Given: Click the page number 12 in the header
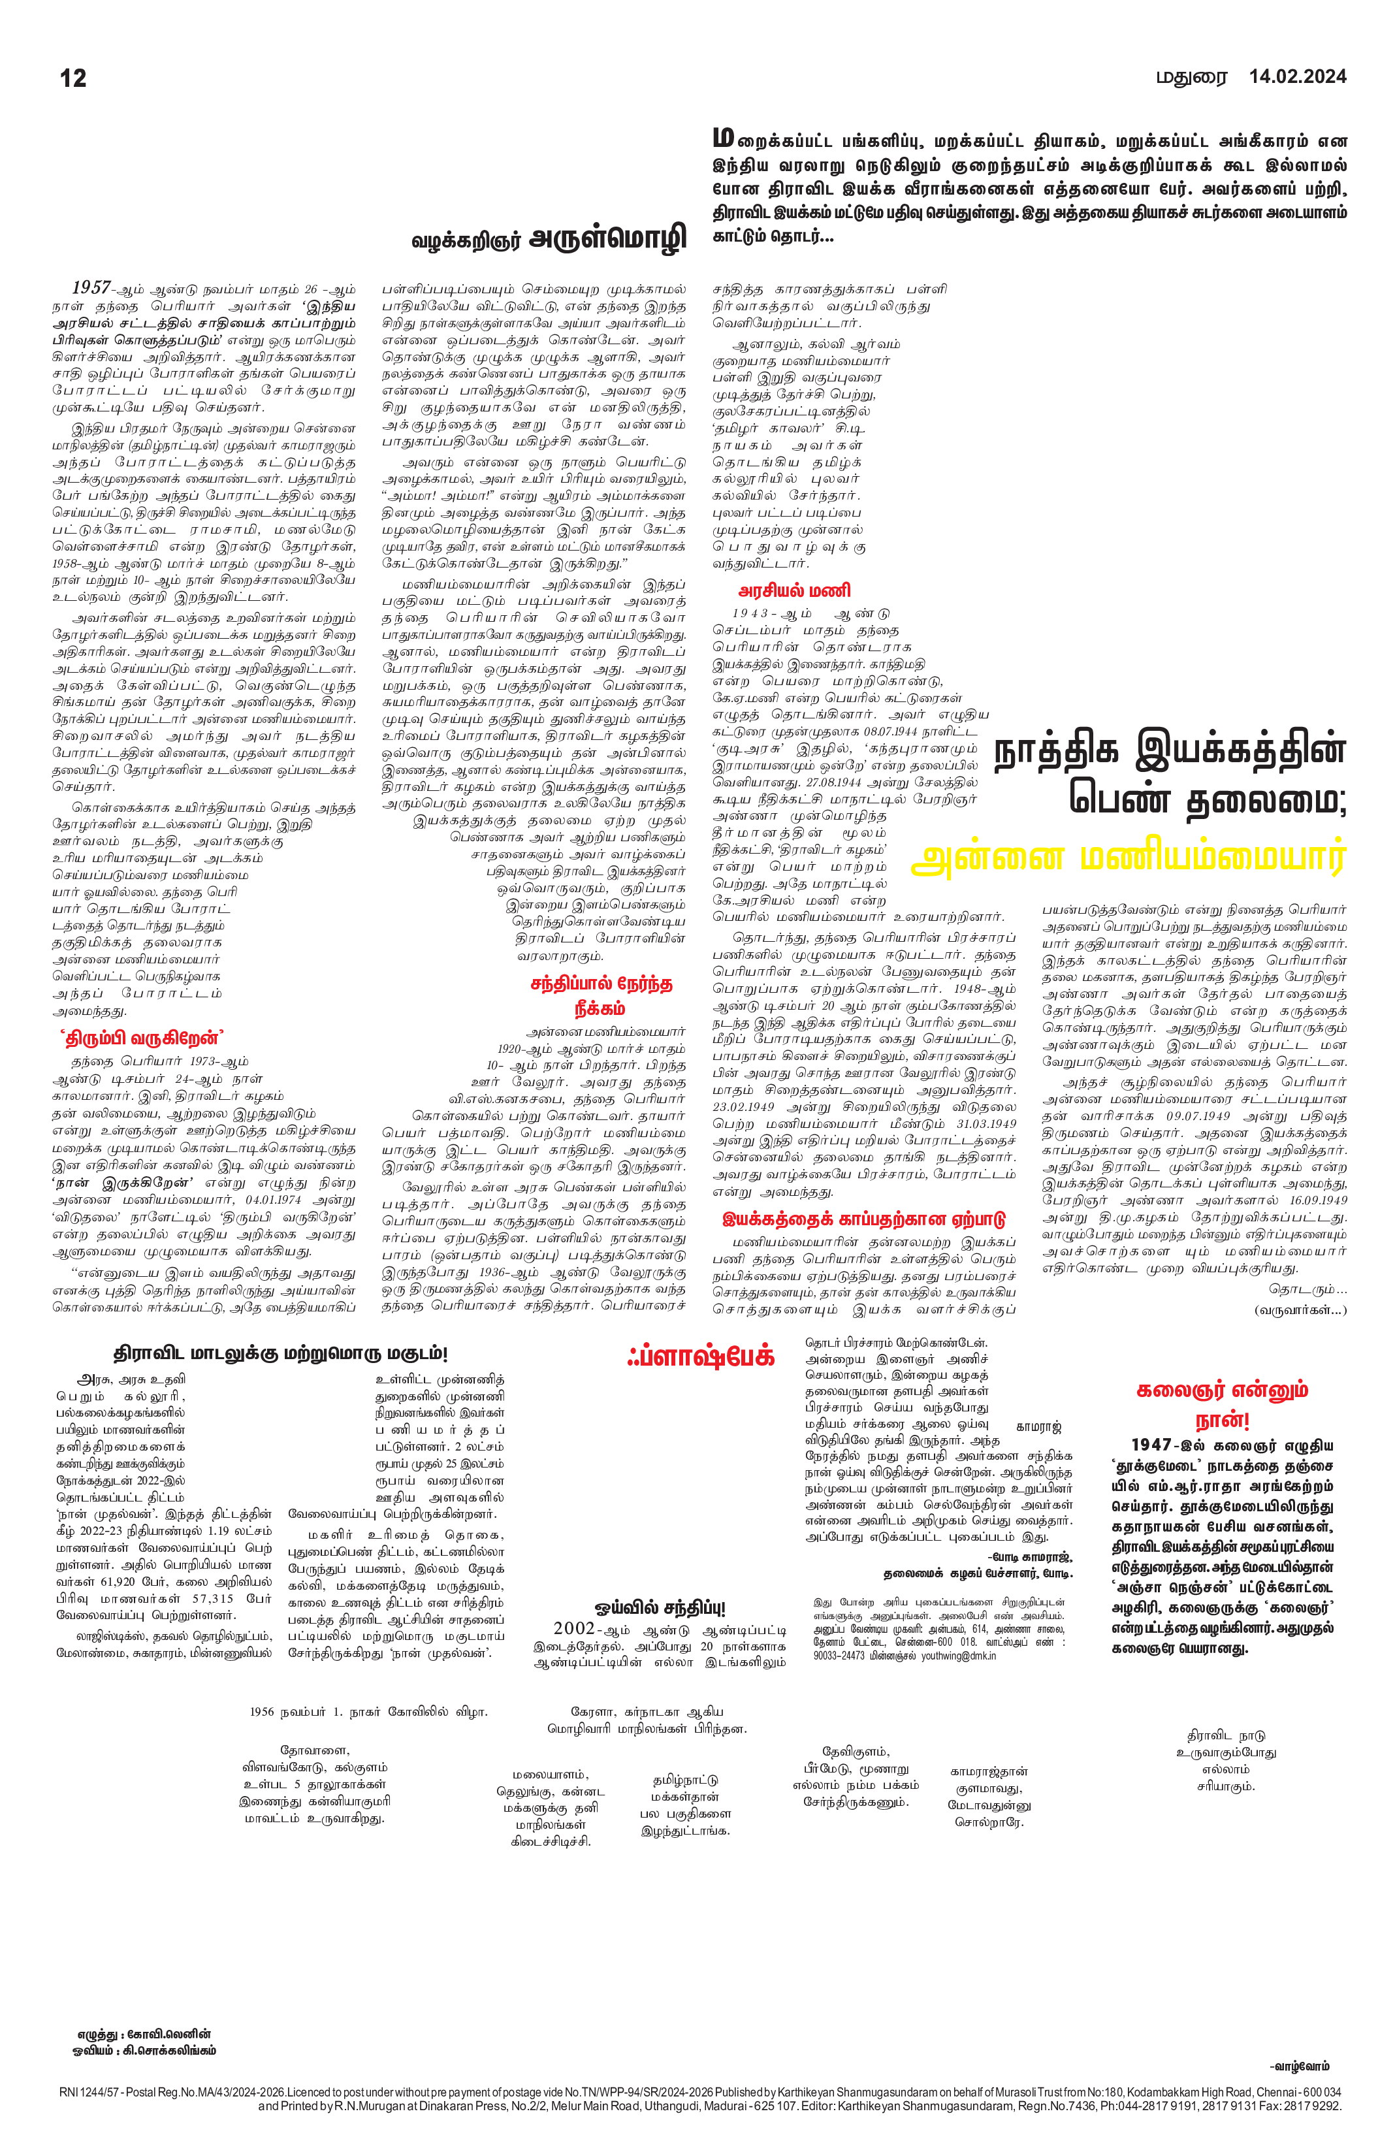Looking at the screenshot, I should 73,78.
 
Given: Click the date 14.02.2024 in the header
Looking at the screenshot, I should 1297,77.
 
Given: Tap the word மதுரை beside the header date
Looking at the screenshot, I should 1193,78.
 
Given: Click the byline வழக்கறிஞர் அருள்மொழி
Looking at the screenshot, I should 549,238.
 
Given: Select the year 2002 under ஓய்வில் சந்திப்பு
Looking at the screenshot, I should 574,1628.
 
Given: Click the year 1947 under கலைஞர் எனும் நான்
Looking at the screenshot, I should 1152,1445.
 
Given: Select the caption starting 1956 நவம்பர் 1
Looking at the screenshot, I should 369,1712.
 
